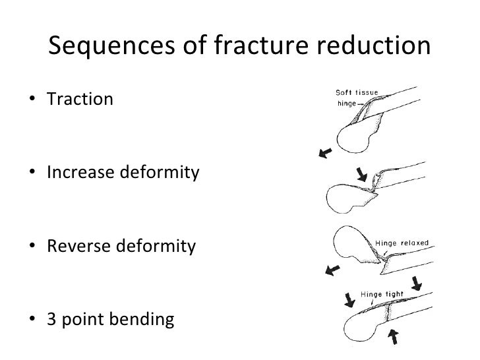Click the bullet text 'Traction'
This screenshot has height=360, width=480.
(80, 100)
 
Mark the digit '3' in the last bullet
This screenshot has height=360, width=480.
(51, 321)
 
